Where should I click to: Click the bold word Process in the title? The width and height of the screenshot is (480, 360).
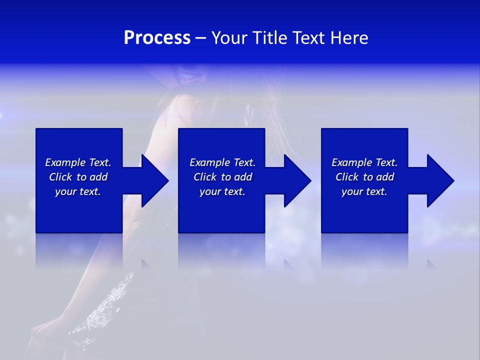pos(157,38)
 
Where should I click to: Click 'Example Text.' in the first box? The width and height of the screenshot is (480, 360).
pos(78,162)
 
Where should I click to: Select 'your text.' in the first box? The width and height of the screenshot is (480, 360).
pos(78,191)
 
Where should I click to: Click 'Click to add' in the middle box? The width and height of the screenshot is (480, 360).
pos(222,177)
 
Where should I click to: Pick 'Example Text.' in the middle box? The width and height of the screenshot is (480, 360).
pos(222,162)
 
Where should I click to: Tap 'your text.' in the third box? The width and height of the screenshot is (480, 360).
pos(364,191)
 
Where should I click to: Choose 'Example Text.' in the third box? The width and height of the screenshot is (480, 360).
pos(364,162)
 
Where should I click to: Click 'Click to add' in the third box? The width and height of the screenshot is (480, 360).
pos(364,177)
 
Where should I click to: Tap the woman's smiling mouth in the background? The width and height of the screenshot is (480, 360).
pos(190,76)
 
